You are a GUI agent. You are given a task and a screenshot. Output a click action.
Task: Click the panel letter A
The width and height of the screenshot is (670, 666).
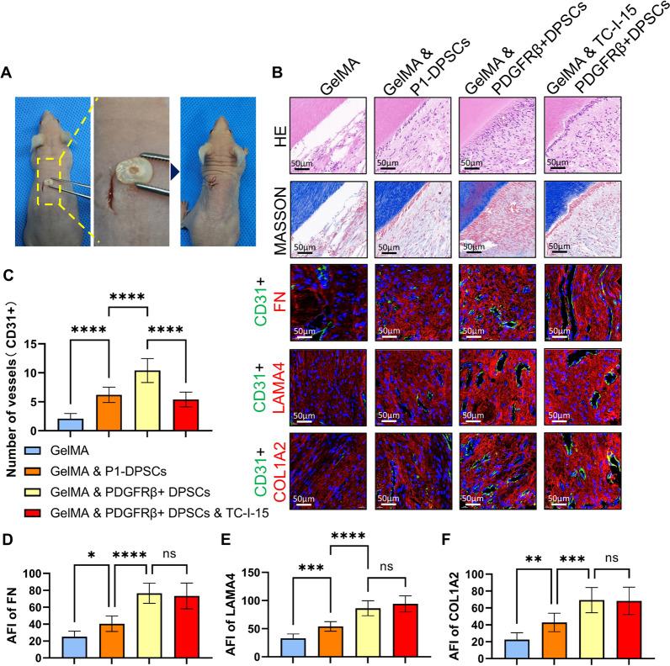click(x=8, y=73)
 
